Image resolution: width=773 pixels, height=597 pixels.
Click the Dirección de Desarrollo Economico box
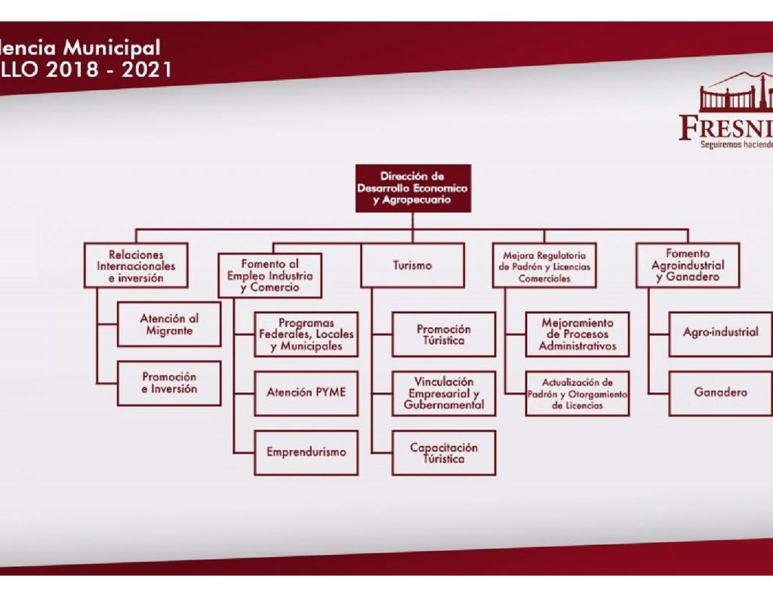click(413, 188)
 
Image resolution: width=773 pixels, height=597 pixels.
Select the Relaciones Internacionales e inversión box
click(136, 266)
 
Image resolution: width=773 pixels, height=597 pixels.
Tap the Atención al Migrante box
click(169, 325)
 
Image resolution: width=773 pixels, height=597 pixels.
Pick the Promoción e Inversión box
click(169, 383)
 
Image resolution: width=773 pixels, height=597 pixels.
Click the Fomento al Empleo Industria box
click(270, 275)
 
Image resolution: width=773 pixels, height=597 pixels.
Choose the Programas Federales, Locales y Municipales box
click(306, 334)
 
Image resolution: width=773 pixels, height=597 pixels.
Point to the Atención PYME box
click(306, 392)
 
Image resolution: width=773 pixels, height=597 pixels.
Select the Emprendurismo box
click(306, 452)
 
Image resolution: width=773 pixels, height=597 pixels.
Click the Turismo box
click(412, 266)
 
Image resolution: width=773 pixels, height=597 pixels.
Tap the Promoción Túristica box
click(444, 334)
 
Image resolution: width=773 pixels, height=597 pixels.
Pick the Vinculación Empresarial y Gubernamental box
click(444, 392)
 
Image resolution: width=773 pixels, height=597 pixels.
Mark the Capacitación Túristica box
click(444, 452)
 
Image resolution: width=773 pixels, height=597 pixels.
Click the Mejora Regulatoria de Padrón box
click(544, 266)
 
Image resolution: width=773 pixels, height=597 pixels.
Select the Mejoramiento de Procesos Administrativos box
click(577, 334)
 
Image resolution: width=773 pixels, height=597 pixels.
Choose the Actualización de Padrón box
click(577, 392)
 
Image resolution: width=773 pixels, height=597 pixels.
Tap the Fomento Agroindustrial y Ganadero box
click(687, 266)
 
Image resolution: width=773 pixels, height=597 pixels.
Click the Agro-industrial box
click(720, 332)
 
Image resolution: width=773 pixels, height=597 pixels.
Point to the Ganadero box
click(720, 392)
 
